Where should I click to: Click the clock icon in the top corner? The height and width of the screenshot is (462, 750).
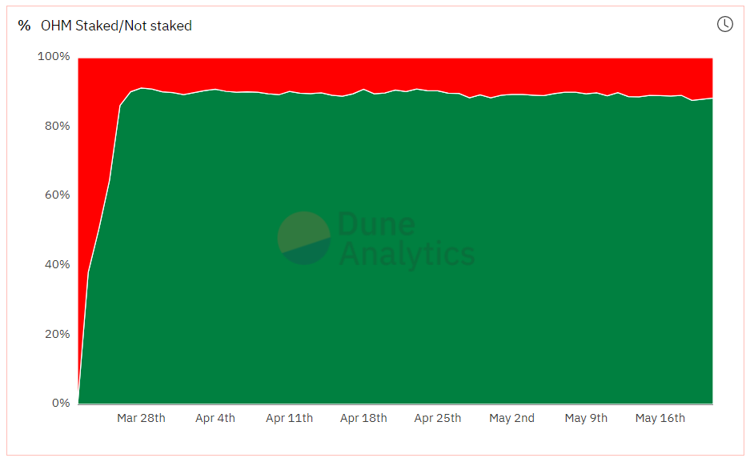coord(724,24)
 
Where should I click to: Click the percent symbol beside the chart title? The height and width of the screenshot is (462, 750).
coord(24,26)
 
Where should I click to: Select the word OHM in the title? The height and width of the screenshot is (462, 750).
coord(56,26)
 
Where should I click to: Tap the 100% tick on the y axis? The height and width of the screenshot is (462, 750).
coord(54,57)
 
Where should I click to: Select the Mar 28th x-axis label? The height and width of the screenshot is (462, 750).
coord(141,418)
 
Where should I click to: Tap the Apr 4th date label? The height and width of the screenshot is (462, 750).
coord(215,418)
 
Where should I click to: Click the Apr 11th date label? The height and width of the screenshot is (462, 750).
coord(289,418)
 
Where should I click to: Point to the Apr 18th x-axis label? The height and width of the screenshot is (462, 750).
coord(363,418)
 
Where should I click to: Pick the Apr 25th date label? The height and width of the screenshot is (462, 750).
coord(438,418)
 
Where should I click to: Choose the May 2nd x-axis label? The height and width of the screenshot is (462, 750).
coord(511,418)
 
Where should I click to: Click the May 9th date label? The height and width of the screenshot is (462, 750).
coord(586,418)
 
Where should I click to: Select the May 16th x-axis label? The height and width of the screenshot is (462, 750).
coord(660,418)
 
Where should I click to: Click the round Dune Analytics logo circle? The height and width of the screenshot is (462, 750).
coord(304,238)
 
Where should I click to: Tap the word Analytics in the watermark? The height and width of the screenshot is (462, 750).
coord(407,254)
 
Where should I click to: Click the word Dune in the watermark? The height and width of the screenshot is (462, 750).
coord(376,225)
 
